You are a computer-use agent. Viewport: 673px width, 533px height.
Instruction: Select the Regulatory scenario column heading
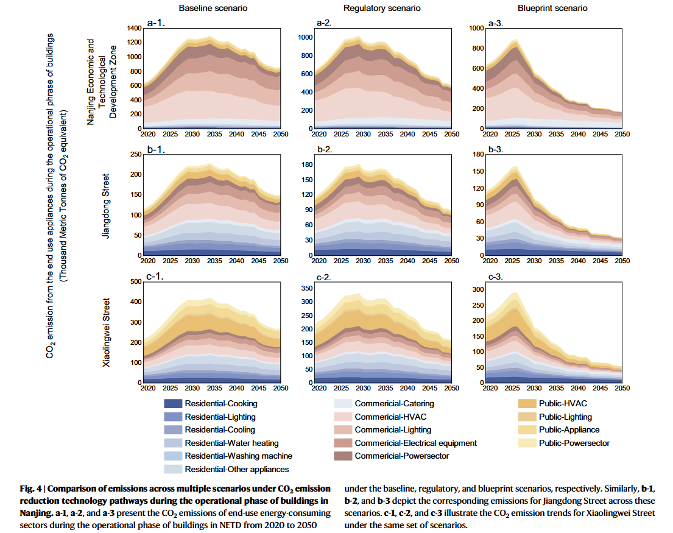pyautogui.click(x=382, y=9)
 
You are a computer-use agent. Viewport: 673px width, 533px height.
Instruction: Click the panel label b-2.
pyautogui.click(x=325, y=149)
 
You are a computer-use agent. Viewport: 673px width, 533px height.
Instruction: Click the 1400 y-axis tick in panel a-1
pyautogui.click(x=133, y=29)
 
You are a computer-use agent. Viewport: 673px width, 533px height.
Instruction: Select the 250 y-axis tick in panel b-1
pyautogui.click(x=135, y=154)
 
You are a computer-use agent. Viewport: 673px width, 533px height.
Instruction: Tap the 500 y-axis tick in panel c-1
pyautogui.click(x=135, y=282)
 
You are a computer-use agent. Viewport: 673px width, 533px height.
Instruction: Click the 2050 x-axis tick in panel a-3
pyautogui.click(x=621, y=135)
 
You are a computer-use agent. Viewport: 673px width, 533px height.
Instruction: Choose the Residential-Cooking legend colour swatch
pyautogui.click(x=173, y=403)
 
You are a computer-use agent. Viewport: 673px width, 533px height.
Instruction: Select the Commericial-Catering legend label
pyautogui.click(x=394, y=403)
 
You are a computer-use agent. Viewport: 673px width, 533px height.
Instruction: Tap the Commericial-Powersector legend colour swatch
pyautogui.click(x=343, y=456)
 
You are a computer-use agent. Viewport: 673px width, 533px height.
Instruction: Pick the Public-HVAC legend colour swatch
pyautogui.click(x=527, y=403)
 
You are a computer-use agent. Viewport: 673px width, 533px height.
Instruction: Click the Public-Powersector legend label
pyautogui.click(x=574, y=443)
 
